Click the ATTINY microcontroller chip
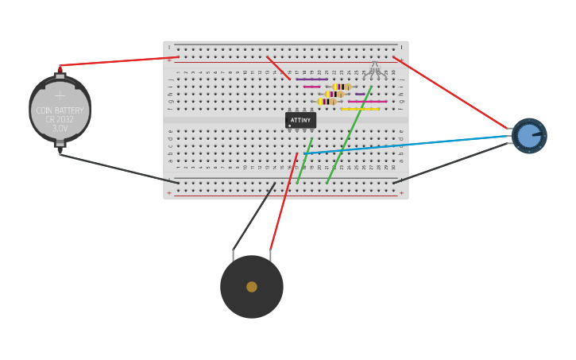coord(300,120)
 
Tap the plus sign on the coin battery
coord(60,96)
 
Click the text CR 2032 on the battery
coord(60,119)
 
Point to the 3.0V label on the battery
coord(60,128)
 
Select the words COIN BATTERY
coord(60,110)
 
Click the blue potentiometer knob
coord(529,136)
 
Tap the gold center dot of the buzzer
coord(252,287)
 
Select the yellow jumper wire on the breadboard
coord(360,109)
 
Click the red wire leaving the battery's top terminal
coord(119,60)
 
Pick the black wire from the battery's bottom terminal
coord(119,168)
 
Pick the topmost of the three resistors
coord(342,87)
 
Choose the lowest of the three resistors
coord(327,102)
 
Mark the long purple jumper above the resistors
coord(311,79)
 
